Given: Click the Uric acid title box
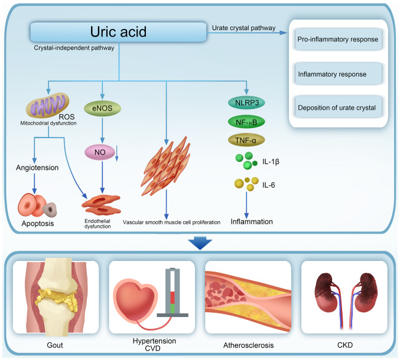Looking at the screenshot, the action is [118, 32].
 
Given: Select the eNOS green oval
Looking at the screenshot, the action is [102, 108].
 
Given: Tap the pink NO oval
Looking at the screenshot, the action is [100, 152].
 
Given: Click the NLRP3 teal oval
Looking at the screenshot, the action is [246, 103].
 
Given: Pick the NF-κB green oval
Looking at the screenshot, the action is [246, 122].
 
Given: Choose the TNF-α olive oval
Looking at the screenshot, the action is [246, 140].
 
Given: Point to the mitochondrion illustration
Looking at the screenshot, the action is [48, 105].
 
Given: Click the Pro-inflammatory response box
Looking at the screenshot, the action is [338, 39].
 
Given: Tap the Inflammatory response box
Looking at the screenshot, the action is [338, 74].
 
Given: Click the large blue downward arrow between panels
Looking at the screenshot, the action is [200, 243].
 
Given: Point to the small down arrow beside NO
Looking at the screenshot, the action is [117, 153].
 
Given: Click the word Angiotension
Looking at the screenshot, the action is [37, 168].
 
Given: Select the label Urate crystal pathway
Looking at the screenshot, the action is [243, 28].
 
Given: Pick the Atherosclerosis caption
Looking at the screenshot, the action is [249, 345].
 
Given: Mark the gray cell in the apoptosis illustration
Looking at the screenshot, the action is [50, 210].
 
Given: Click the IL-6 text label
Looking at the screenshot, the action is [269, 185].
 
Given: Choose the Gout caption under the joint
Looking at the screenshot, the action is [55, 345].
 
